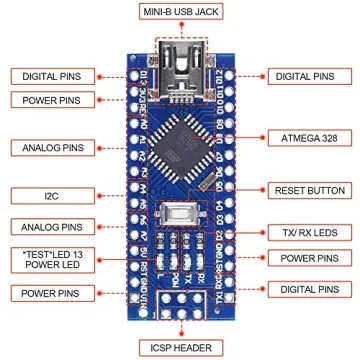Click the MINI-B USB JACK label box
pyautogui.click(x=180, y=13)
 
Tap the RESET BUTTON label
pyautogui.click(x=303, y=189)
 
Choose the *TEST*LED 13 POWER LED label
pyautogui.click(x=47, y=257)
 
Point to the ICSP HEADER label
pyautogui.click(x=180, y=347)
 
